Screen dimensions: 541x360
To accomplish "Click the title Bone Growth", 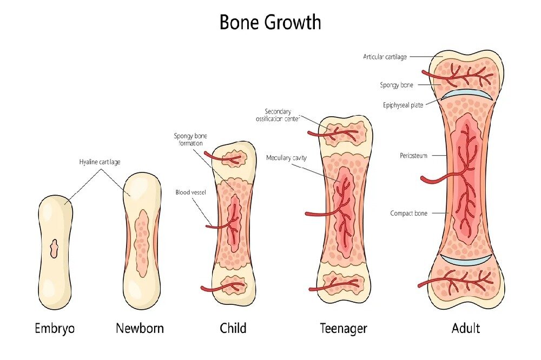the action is [x=270, y=22].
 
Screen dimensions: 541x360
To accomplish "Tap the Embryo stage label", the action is [x=55, y=328].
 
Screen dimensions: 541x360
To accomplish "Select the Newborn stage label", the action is [x=140, y=328].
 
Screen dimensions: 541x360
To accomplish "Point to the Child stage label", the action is [x=233, y=328].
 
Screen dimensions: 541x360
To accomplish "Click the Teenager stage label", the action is [x=344, y=328].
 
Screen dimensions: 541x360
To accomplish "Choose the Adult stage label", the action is [x=466, y=328].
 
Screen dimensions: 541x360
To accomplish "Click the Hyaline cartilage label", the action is [x=100, y=162].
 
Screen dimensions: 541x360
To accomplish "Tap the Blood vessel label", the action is [x=190, y=192].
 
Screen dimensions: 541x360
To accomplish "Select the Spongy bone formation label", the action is [x=190, y=139].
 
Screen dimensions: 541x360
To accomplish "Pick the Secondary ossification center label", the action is [x=278, y=115].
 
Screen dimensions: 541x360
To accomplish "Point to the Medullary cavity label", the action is [x=286, y=158].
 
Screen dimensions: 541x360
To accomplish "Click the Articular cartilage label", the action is [x=385, y=57].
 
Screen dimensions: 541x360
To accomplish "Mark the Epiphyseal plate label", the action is [x=403, y=105].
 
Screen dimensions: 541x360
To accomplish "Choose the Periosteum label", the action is [x=413, y=156].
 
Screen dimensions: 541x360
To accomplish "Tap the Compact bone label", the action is [x=408, y=214].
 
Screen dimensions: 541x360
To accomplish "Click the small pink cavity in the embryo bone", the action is [x=55, y=249].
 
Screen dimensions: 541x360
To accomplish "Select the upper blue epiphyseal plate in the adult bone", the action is [x=466, y=95].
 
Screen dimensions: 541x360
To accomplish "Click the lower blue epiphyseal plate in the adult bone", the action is [x=466, y=260].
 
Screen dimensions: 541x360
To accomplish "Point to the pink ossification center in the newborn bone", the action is [x=141, y=242].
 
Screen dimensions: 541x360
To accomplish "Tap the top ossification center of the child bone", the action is [x=234, y=158].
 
